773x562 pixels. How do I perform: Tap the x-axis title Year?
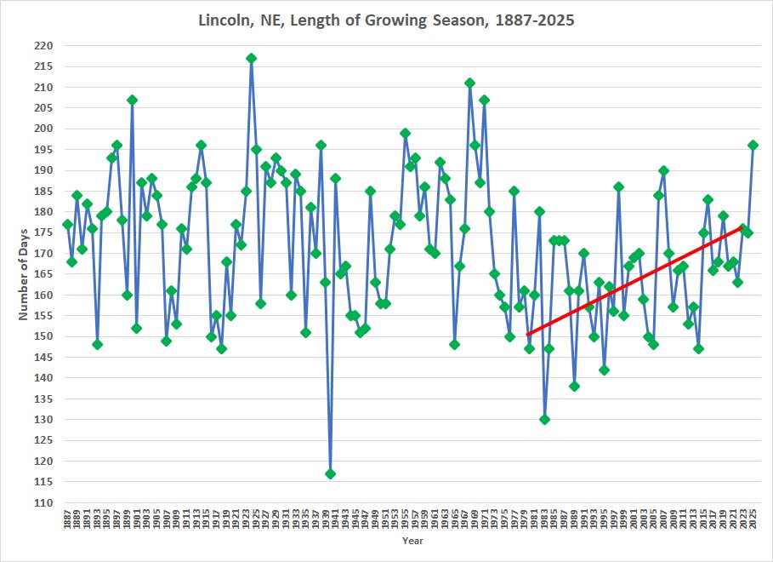[412, 540]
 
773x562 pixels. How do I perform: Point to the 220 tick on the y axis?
[43, 46]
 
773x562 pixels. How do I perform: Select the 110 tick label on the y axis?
[43, 502]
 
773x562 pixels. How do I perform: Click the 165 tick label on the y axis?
[43, 274]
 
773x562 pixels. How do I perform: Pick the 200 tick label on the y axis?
[43, 129]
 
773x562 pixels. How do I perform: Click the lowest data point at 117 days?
[330, 473]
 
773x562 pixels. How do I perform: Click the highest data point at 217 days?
[252, 58]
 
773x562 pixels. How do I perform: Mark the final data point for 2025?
[753, 145]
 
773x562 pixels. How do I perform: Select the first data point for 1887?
[67, 224]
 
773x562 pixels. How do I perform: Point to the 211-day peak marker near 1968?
[469, 83]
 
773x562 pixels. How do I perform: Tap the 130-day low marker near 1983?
[544, 419]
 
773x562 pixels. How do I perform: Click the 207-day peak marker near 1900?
[132, 100]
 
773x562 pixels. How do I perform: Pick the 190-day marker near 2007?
[663, 170]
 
